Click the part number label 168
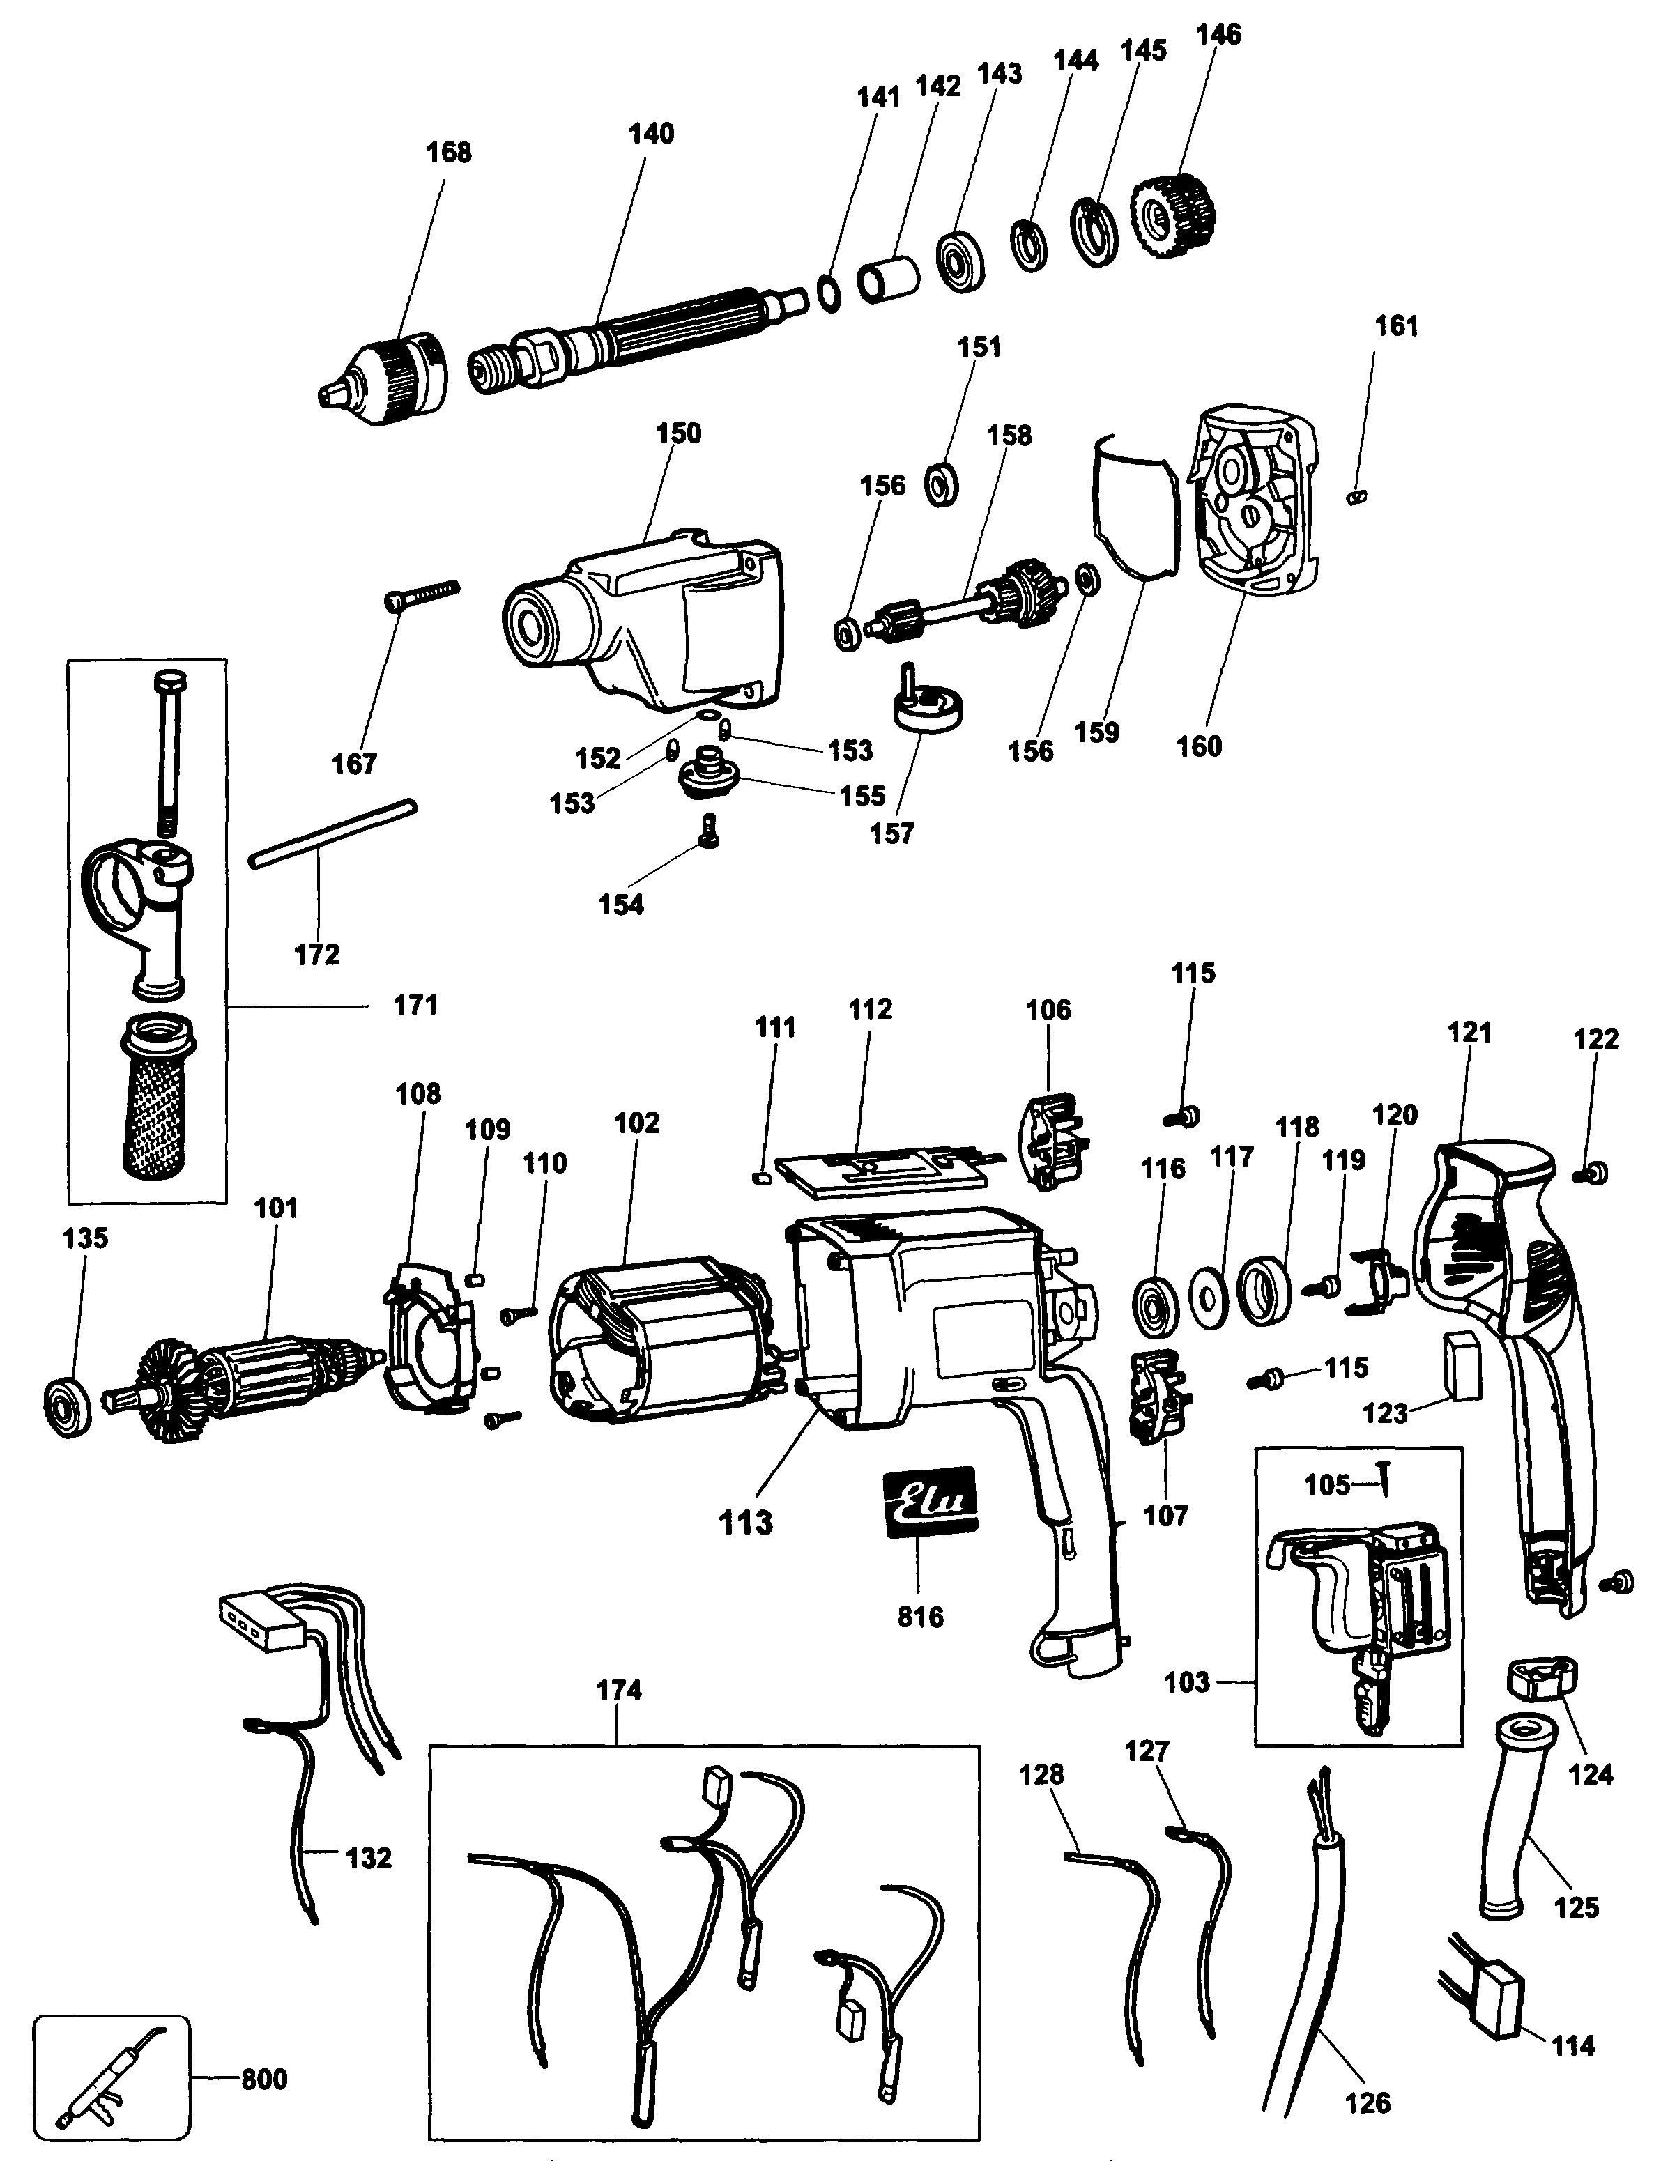448,153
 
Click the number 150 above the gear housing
677,433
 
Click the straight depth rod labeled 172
332,834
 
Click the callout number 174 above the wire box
618,1691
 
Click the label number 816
919,1616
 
